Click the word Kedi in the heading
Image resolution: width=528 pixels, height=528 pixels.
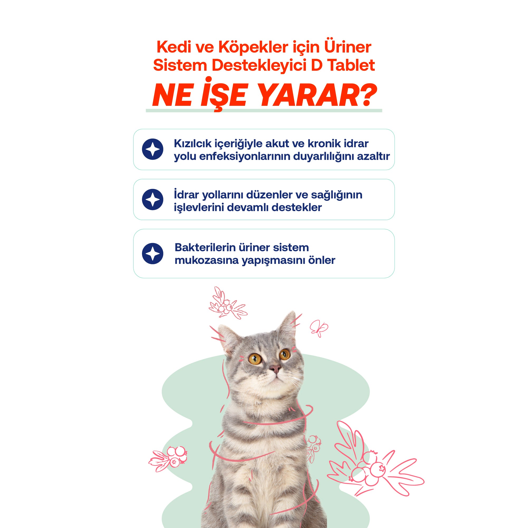174,47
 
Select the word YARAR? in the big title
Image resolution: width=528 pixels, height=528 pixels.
317,95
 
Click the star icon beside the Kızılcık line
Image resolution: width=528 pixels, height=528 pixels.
153,149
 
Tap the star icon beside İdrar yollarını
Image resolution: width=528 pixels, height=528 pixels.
153,199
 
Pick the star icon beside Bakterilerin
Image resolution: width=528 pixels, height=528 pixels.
153,253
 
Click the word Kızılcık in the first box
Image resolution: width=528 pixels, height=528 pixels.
193,144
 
